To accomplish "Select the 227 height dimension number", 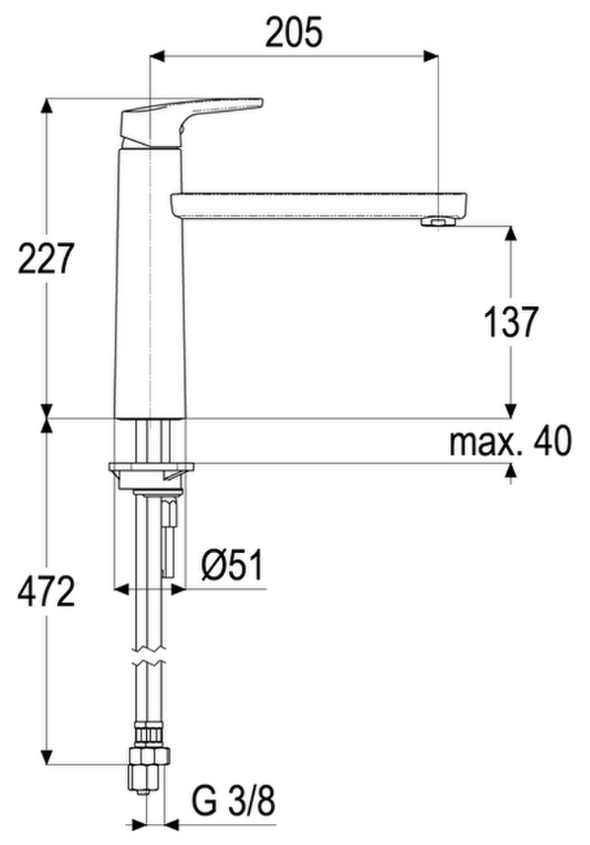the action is point(45,259).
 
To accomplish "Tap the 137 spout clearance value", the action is point(511,322).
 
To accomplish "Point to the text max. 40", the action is point(510,440).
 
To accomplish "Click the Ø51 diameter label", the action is point(234,565).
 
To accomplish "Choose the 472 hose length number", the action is point(46,591).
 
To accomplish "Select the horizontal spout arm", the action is point(321,206).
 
